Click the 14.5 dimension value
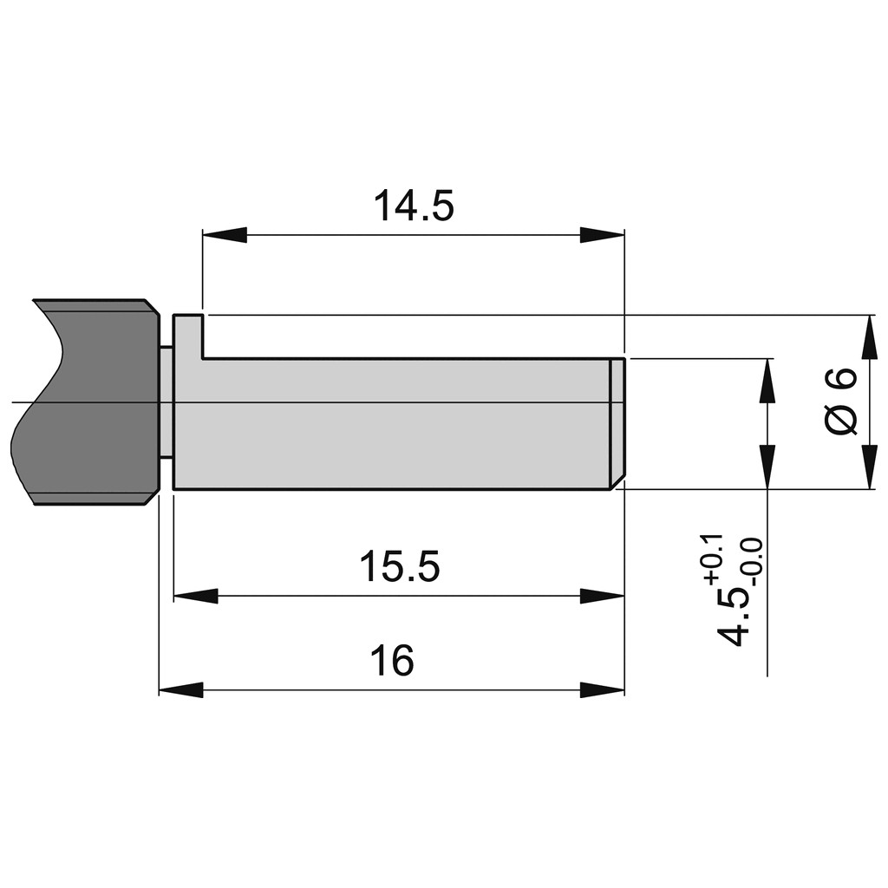point(414,206)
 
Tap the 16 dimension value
point(392,660)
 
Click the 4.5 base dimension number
point(732,617)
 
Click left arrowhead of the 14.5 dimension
point(225,235)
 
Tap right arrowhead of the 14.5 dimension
point(602,235)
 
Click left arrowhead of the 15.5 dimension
point(195,596)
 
